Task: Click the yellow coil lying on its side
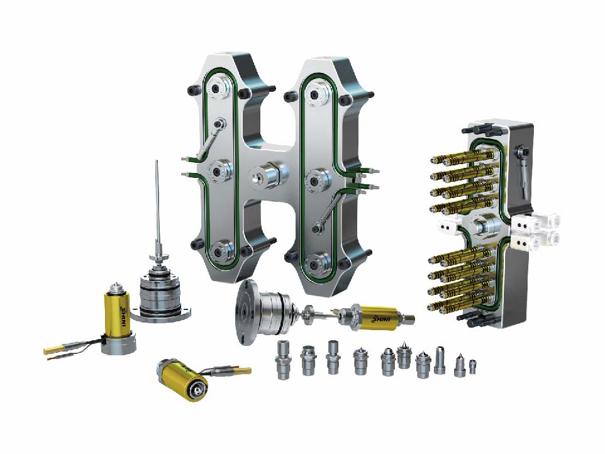coord(182,380)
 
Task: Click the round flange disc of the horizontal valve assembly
coord(246,313)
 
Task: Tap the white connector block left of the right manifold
coord(449,226)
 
